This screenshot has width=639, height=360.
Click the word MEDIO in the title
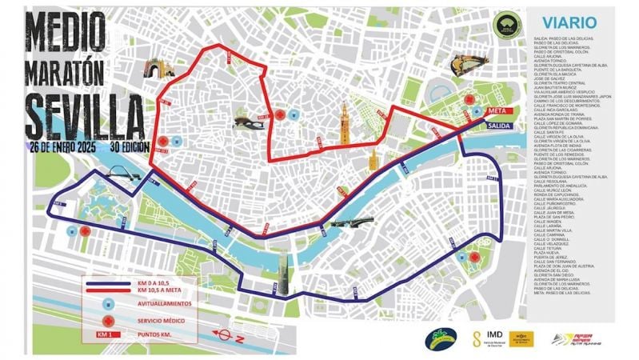tap(66, 30)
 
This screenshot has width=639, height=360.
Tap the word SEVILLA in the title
tap(78, 115)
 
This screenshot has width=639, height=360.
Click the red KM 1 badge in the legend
tap(106, 334)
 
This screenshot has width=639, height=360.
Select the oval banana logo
tap(441, 338)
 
